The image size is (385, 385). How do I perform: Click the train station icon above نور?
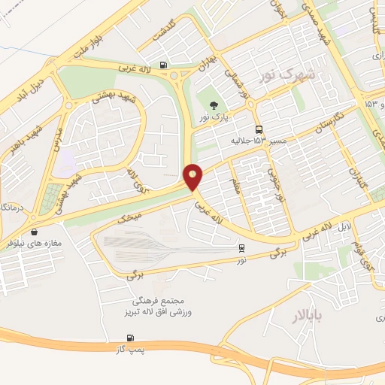click(x=241, y=247)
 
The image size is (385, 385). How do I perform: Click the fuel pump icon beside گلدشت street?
click(x=165, y=65)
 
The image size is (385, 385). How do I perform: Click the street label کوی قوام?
click(x=363, y=257)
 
